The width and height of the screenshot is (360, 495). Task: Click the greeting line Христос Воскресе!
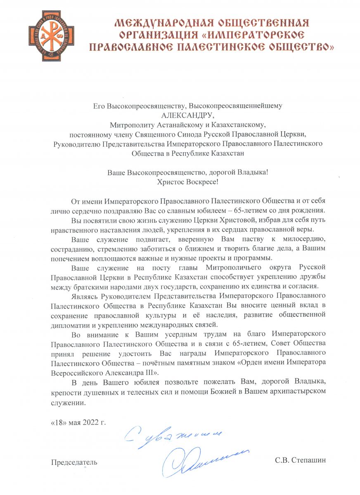point(188,180)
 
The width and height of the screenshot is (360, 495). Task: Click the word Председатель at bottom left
point(74,462)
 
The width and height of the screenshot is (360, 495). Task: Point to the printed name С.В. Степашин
point(301,460)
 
